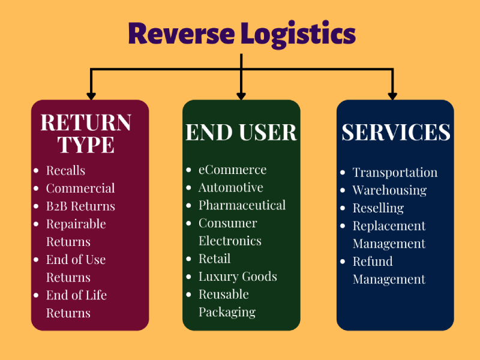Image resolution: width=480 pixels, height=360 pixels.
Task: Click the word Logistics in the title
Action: pyautogui.click(x=298, y=35)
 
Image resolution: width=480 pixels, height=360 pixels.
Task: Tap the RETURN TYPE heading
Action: pyautogui.click(x=86, y=133)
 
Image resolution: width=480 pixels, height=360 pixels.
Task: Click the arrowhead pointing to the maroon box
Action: pyautogui.click(x=91, y=95)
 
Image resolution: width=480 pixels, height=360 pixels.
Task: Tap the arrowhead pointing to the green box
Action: pyautogui.click(x=241, y=95)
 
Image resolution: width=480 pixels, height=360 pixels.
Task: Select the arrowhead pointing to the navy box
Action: pyautogui.click(x=392, y=95)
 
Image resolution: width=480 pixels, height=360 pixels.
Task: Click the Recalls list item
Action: pyautogui.click(x=65, y=170)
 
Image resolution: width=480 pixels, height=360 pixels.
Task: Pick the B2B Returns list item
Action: pyautogui.click(x=80, y=206)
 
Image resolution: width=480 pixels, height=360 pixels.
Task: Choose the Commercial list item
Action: pyautogui.click(x=80, y=188)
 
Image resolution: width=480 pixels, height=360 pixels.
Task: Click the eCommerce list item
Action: pyautogui.click(x=232, y=170)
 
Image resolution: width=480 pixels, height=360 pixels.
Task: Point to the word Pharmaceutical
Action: pyautogui.click(x=242, y=205)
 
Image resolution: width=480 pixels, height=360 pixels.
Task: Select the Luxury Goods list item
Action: pyautogui.click(x=238, y=277)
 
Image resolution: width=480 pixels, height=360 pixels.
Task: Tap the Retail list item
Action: pyautogui.click(x=214, y=259)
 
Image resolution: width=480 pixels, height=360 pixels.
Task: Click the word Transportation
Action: pyautogui.click(x=395, y=173)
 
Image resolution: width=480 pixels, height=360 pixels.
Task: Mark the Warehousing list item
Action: pyautogui.click(x=389, y=190)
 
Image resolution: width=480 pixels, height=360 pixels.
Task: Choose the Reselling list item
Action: pyautogui.click(x=378, y=208)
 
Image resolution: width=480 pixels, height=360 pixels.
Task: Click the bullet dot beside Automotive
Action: pyautogui.click(x=189, y=188)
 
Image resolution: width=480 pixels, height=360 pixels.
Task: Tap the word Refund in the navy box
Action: pyautogui.click(x=373, y=262)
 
